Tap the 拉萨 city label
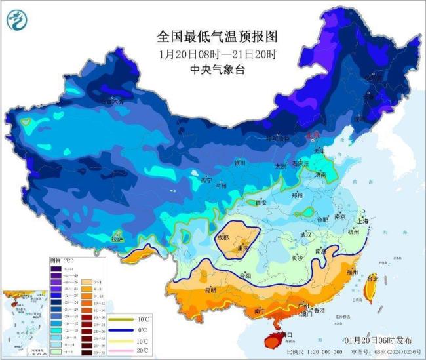pos(117,239)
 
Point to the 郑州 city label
pos(298,195)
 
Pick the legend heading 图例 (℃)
pos(63,260)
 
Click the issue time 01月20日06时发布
pos(378,341)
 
